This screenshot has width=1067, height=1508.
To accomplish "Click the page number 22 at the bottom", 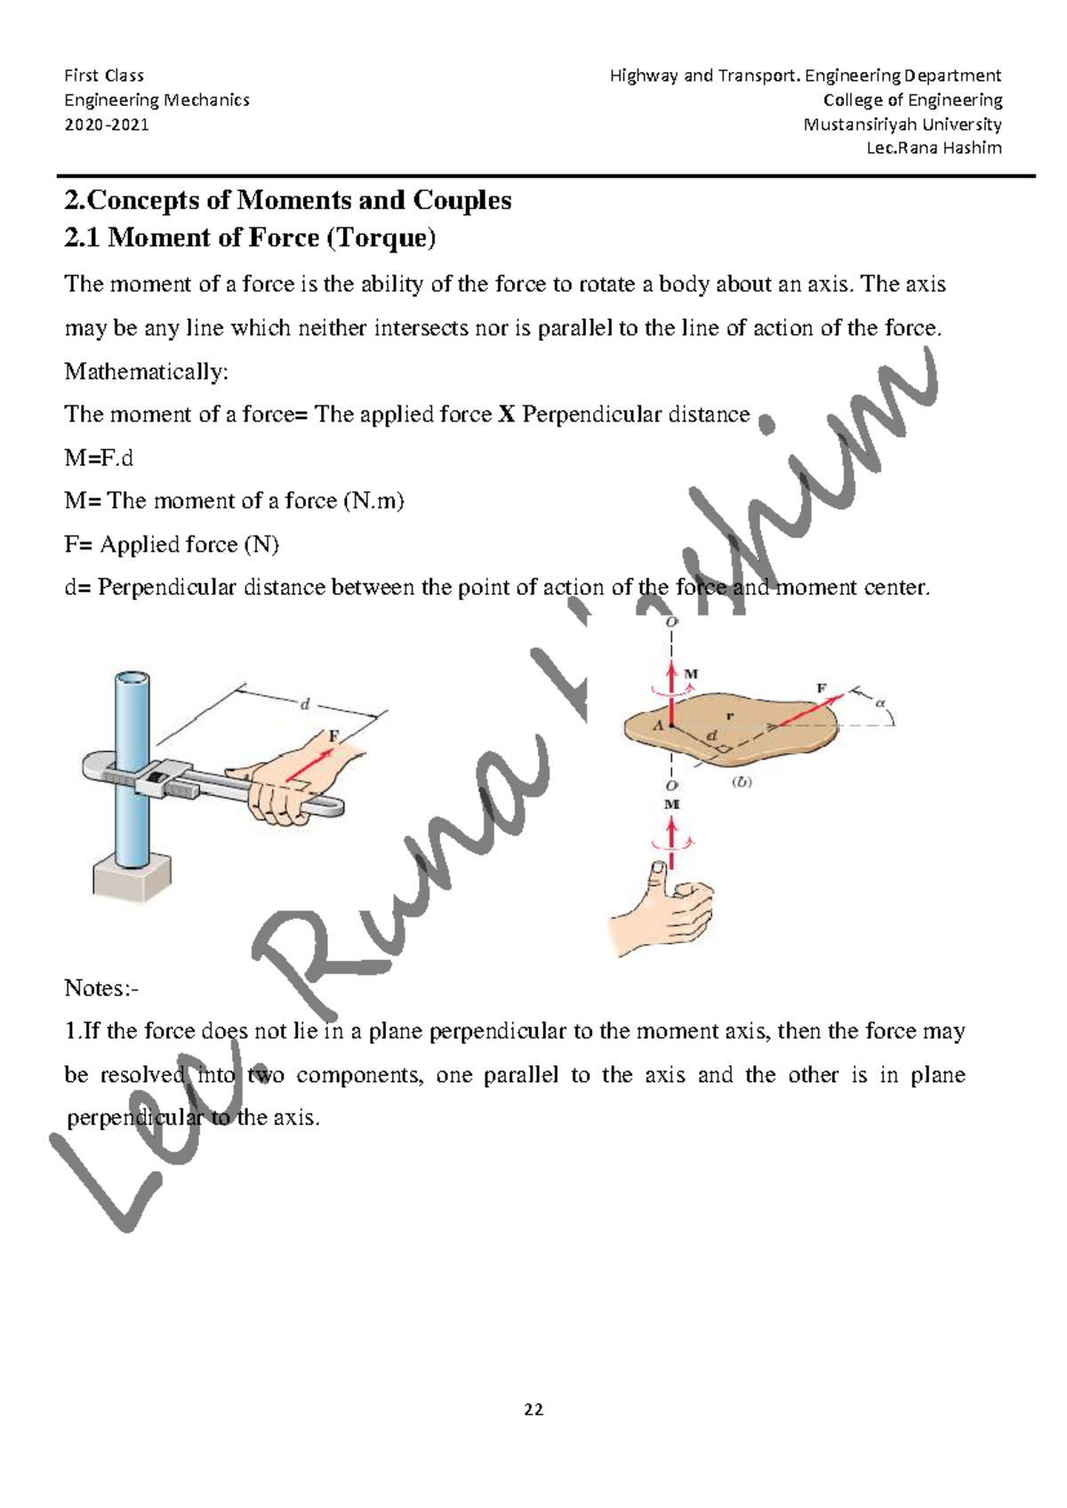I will (x=533, y=1409).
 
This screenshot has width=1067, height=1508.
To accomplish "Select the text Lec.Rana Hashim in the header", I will (x=934, y=148).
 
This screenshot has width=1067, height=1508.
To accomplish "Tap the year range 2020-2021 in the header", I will (x=107, y=124).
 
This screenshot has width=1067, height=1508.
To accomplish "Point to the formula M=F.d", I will (x=99, y=458).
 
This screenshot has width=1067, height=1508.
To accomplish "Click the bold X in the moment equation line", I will (x=507, y=414).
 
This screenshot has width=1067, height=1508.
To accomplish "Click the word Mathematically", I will (x=146, y=372).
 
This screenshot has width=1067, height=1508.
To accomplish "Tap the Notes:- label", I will (x=101, y=988).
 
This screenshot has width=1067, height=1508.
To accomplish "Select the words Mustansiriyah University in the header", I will (x=903, y=124).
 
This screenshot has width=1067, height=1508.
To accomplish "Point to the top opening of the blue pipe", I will (x=132, y=680).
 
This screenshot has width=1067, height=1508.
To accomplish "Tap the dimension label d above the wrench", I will (x=305, y=704).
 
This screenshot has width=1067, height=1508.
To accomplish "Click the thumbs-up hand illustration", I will (x=662, y=911).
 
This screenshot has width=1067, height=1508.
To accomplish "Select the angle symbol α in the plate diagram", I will (x=881, y=702).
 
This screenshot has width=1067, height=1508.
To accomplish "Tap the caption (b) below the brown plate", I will (x=742, y=782).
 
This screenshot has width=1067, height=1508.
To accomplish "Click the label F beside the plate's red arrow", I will (x=822, y=688).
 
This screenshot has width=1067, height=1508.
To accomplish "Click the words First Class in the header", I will (x=104, y=76).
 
